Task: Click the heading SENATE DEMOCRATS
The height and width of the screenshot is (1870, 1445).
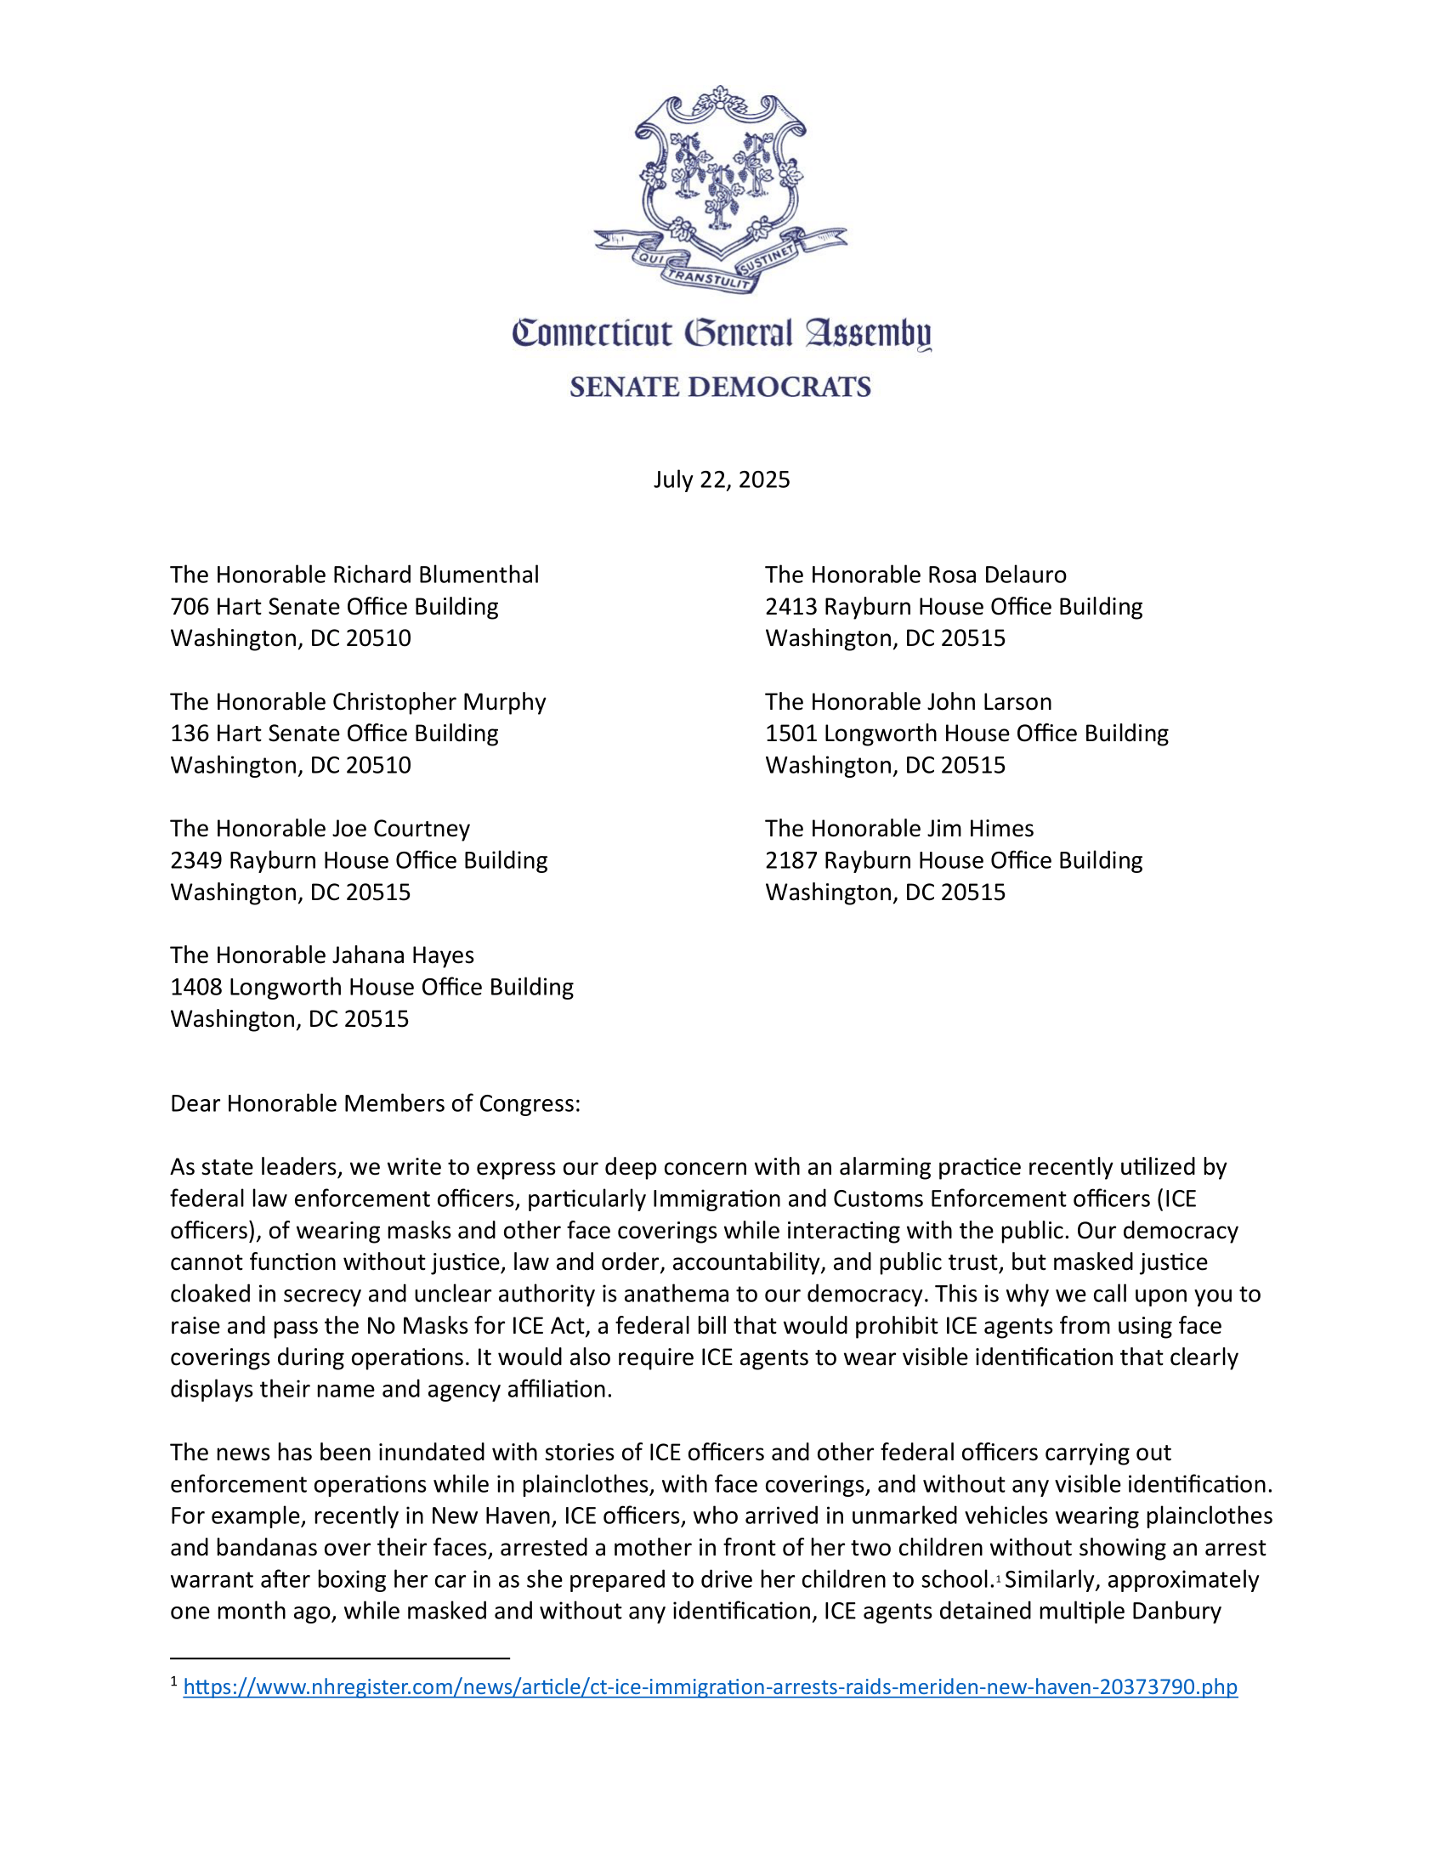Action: point(720,387)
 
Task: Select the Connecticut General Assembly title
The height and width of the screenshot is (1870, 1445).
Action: point(721,334)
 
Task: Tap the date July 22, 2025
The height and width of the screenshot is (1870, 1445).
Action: point(722,479)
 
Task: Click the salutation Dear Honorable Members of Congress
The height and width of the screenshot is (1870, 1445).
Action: point(375,1102)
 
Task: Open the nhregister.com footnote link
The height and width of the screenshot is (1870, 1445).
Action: point(710,1686)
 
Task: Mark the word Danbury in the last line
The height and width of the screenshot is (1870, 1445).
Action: point(1176,1611)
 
